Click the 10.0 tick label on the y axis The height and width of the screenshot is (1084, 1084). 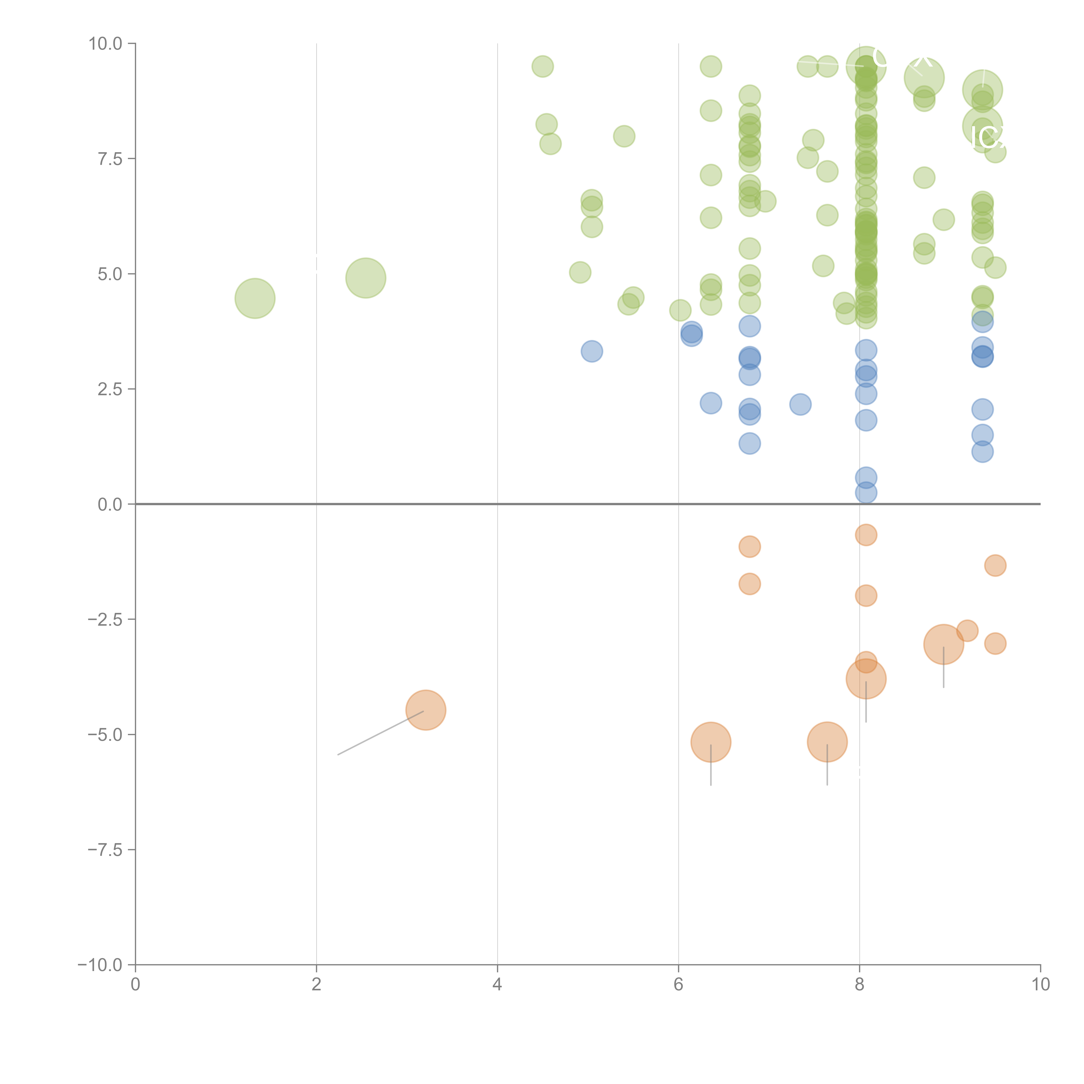click(106, 44)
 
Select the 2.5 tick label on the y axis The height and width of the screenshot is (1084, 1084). click(110, 389)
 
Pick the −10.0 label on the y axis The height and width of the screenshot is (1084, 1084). click(101, 965)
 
